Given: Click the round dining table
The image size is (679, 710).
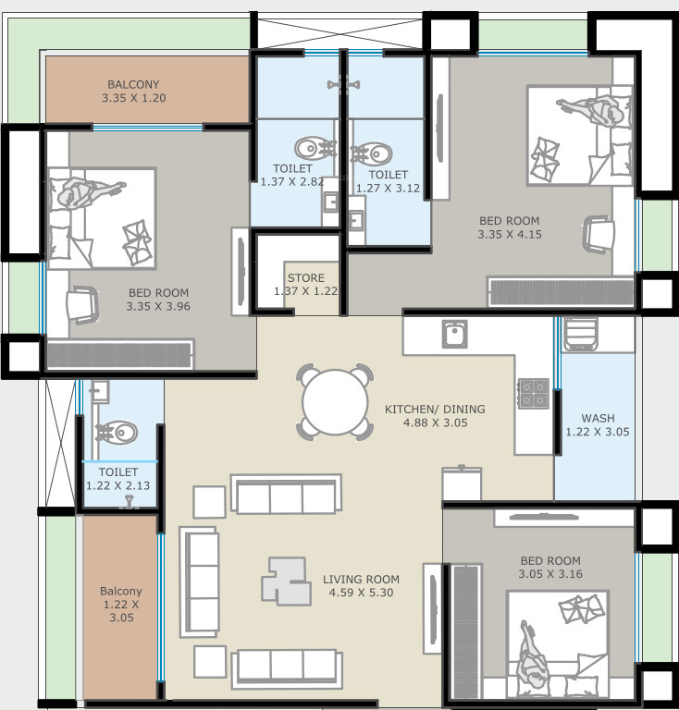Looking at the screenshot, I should [x=336, y=402].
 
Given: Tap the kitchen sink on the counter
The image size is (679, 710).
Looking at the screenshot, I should [x=454, y=333].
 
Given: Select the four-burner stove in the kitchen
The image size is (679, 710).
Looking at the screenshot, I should [x=533, y=394].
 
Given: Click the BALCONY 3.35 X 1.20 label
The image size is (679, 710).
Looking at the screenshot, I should [x=135, y=91].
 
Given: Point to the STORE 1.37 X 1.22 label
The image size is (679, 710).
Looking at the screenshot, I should [x=305, y=285].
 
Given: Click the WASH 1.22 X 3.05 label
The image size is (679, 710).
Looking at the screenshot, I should [x=598, y=424].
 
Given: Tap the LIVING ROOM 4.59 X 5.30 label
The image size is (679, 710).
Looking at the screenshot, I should [x=361, y=586].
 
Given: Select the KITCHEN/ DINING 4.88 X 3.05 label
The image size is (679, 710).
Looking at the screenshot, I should [x=435, y=415].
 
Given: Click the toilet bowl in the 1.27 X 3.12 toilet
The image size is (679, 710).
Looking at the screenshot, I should [x=373, y=153].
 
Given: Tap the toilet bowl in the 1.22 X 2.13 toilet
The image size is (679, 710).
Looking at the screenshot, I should [x=117, y=432].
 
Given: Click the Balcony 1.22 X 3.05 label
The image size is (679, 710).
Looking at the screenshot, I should [x=121, y=605].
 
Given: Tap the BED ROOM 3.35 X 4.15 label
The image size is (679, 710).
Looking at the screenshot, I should [x=509, y=227].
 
